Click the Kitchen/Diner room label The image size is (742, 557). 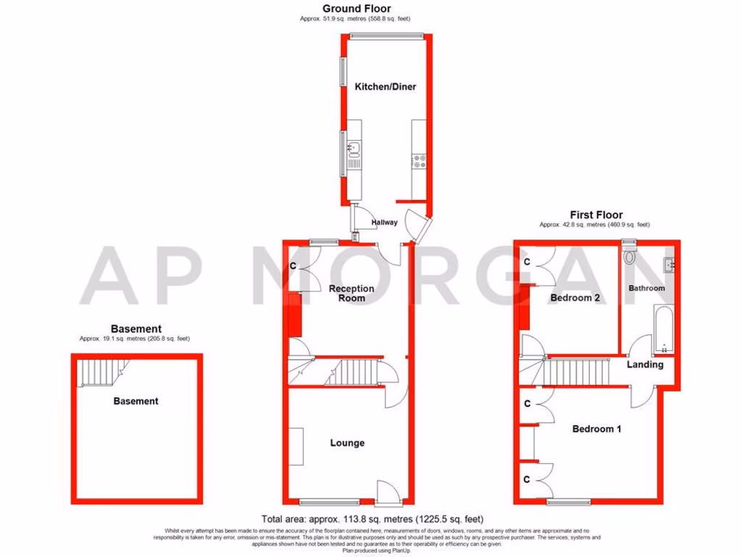(x=385, y=87)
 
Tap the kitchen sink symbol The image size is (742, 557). (x=354, y=150)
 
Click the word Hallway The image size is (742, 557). (x=384, y=223)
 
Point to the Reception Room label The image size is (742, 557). (x=351, y=293)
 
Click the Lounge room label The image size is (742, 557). (x=347, y=443)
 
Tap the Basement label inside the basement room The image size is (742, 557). (x=136, y=401)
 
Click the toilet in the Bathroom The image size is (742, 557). (x=629, y=256)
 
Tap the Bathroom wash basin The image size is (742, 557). (x=670, y=266)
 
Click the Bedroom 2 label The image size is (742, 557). (x=574, y=298)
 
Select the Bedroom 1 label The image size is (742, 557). (x=597, y=429)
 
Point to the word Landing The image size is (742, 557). (x=645, y=364)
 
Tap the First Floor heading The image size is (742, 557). (x=596, y=215)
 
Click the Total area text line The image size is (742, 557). (x=372, y=519)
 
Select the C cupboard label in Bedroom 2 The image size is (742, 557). (x=528, y=261)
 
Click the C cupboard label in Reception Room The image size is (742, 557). (x=293, y=266)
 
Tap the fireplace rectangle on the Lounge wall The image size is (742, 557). (x=297, y=447)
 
